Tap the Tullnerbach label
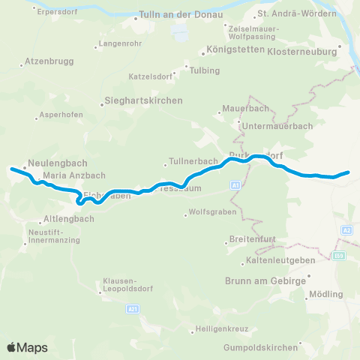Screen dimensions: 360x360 (193, 161)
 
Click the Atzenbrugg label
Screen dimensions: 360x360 (47, 59)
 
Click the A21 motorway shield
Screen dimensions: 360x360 (133, 307)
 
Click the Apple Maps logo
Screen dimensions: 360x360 (27, 347)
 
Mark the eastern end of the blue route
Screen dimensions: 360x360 (349, 172)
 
